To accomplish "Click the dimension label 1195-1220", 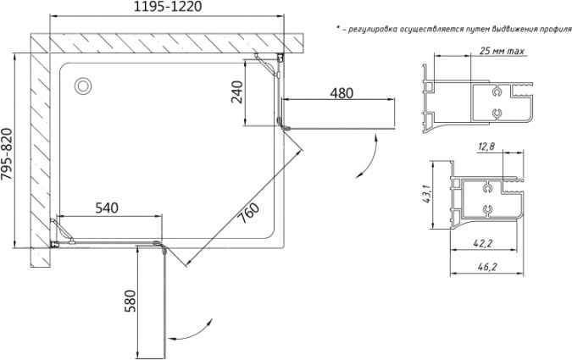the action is coord(168,7).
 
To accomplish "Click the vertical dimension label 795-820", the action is coord(7,154).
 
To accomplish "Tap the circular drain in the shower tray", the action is coord(83,86).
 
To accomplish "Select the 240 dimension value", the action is coord(237,92).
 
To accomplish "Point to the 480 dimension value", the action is coord(342,93).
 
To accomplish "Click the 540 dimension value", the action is coord(107,208).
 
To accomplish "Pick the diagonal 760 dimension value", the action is coord(249,213).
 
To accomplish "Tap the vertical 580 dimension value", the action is coord(131,301).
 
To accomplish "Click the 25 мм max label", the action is coord(502,51).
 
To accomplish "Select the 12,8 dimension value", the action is coord(486,147).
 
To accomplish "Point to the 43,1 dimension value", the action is coord(427,194).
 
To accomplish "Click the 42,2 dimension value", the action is coord(484,243).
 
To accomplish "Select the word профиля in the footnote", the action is coord(557,29).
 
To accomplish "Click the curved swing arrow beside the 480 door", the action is coord(369,158).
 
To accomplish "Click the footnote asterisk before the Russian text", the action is coord(338,28).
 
